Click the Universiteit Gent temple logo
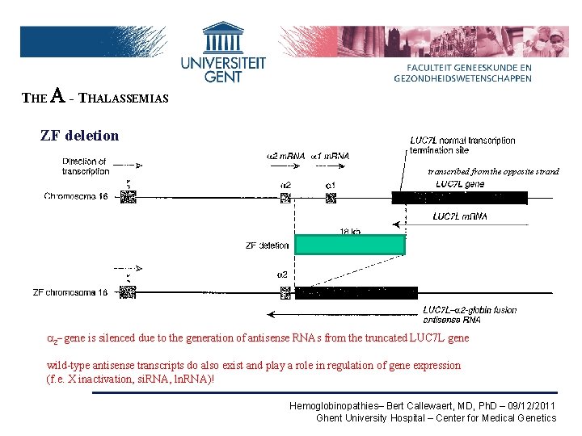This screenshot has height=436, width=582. point(222,38)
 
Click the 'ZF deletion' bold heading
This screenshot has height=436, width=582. point(79,136)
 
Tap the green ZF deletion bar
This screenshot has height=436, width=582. point(349,245)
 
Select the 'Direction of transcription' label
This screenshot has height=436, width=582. point(86,166)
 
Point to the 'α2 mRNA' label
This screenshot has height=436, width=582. point(285,155)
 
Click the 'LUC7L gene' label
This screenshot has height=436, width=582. point(460,184)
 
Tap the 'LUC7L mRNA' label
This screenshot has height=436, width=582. point(460,216)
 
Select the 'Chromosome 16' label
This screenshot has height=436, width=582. point(76,196)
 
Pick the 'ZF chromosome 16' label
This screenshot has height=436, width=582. point(70,292)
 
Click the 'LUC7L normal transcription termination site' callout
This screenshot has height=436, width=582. point(462,145)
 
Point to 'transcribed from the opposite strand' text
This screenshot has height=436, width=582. point(493,171)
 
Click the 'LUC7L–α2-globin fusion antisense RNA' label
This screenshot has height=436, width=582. point(470,315)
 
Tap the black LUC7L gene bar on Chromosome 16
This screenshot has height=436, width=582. point(459,198)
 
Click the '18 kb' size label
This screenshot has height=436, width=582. point(349,231)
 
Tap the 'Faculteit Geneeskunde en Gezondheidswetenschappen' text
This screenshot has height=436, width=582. point(463,73)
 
